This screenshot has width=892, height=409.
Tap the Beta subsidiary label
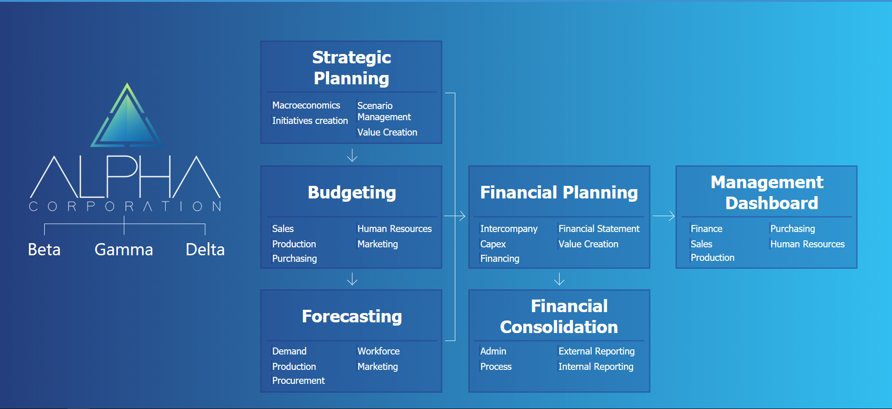tap(44, 250)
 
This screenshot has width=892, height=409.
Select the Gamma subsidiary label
tap(124, 250)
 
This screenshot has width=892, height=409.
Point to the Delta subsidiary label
tap(205, 250)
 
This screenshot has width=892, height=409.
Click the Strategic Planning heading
tap(351, 68)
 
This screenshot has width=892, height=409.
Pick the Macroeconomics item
tap(306, 105)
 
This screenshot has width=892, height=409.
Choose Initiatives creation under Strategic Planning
tap(310, 121)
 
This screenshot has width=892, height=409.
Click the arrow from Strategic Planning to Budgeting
tap(352, 155)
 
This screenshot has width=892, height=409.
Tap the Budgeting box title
tap(351, 192)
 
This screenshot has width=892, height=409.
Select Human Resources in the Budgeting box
tap(394, 229)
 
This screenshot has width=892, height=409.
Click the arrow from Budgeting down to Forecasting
tap(352, 279)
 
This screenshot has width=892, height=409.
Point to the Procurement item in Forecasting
tap(298, 381)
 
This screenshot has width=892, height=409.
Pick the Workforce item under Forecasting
tap(378, 351)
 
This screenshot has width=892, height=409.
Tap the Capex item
tap(493, 244)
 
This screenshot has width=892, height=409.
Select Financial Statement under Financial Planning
tap(599, 229)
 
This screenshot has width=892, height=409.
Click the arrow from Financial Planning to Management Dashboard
tap(663, 216)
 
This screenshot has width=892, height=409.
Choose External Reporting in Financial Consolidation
tap(596, 351)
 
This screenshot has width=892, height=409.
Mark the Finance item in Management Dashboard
tap(706, 229)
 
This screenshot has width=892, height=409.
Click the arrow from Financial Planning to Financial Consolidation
tap(559, 279)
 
